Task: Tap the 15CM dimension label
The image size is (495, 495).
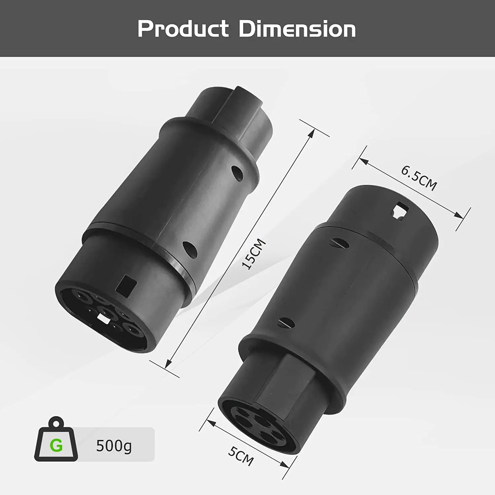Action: [254, 254]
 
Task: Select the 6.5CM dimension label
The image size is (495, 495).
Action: [419, 178]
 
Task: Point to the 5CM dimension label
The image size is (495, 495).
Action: [241, 456]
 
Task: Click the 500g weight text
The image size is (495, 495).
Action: [114, 446]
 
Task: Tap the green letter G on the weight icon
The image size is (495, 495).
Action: [56, 445]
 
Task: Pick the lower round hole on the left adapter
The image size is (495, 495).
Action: [190, 249]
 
